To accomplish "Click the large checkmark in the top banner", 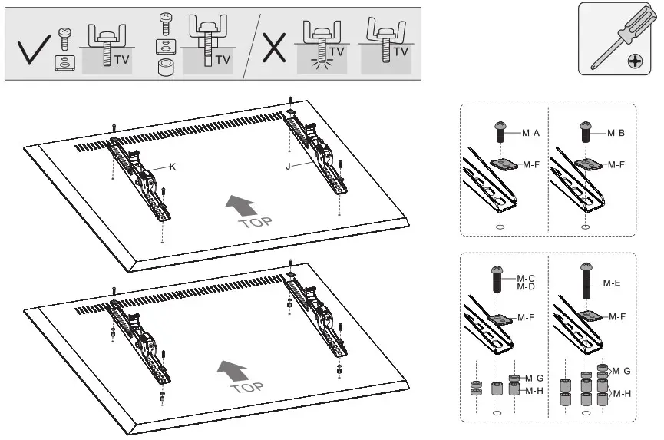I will click(31, 50).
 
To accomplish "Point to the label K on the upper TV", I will click(173, 165).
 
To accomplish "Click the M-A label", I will click(530, 133).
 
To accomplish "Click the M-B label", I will click(616, 133).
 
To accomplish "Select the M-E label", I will click(611, 283).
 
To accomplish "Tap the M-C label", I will click(525, 278).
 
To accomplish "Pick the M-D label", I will click(525, 286).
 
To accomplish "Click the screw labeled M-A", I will click(498, 131).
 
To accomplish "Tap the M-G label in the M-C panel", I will click(534, 378).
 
